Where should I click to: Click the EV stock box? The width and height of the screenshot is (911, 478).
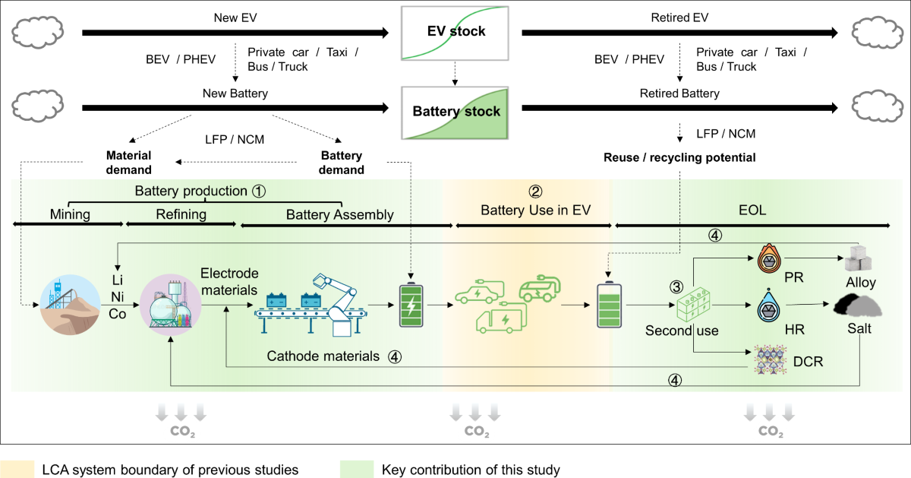point(456,31)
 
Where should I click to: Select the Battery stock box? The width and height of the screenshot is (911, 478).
point(456,111)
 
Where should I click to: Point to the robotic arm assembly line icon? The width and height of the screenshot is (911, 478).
point(311,304)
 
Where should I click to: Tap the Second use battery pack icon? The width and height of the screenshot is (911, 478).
point(697,305)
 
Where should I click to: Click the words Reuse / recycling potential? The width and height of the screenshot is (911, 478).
point(679,157)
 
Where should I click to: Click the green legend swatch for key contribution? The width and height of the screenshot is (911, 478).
point(357,470)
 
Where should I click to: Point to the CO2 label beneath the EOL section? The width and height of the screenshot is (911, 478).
point(771,432)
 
